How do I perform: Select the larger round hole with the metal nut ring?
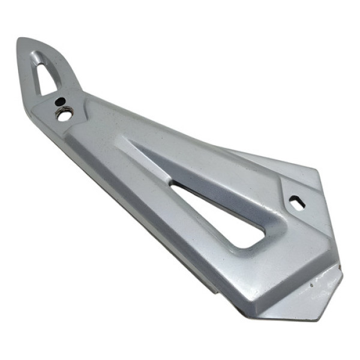[64, 114]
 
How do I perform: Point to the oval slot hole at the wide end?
[297, 203]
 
